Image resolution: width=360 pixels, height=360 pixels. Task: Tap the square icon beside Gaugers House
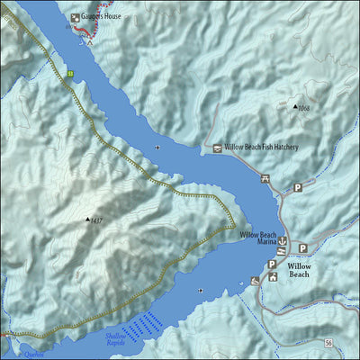coord(75,17)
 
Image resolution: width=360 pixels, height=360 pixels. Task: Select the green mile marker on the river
coord(69,73)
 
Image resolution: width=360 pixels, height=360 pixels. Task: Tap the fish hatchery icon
coord(217,147)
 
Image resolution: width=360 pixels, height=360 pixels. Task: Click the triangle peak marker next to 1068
coord(296,107)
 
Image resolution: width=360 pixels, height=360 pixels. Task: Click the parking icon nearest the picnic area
coord(297,188)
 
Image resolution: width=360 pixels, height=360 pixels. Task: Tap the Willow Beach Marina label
coord(257,239)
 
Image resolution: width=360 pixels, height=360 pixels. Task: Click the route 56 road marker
coord(329,343)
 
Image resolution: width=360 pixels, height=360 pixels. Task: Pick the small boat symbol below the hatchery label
coord(158,146)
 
